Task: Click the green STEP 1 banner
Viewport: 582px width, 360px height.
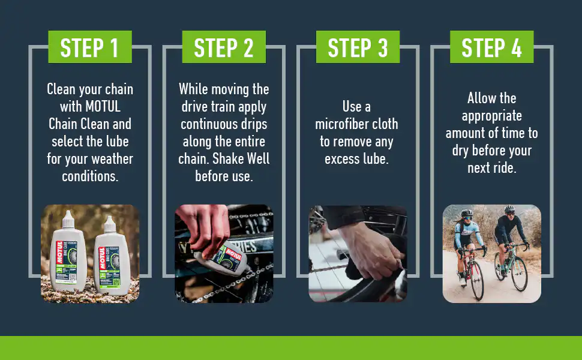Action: pyautogui.click(x=90, y=47)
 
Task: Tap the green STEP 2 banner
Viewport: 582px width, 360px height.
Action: pyautogui.click(x=224, y=47)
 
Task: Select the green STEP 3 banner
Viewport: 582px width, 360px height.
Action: pyautogui.click(x=358, y=47)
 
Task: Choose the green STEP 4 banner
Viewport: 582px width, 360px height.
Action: pyautogui.click(x=492, y=47)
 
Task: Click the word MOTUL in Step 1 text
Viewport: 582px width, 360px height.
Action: pyautogui.click(x=103, y=107)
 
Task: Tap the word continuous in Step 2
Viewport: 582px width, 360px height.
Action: pyautogui.click(x=203, y=124)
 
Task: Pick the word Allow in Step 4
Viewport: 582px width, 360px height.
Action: pyautogui.click(x=478, y=98)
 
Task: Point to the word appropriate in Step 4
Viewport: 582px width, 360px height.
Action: pyautogui.click(x=492, y=116)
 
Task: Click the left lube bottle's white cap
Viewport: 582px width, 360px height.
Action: pyautogui.click(x=68, y=220)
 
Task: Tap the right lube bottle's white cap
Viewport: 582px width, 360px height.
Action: pyautogui.click(x=109, y=224)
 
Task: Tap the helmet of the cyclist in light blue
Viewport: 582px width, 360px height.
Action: pyautogui.click(x=467, y=213)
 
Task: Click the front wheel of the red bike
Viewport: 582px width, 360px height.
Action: pyautogui.click(x=477, y=280)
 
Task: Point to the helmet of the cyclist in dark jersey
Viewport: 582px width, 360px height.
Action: pyautogui.click(x=510, y=209)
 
